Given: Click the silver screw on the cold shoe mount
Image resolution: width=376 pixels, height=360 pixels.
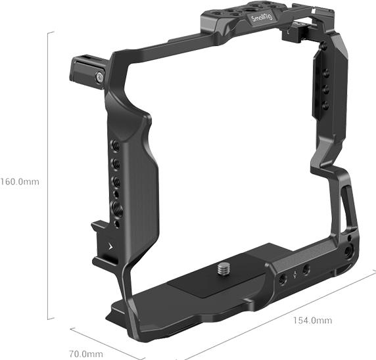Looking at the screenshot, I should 99,78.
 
